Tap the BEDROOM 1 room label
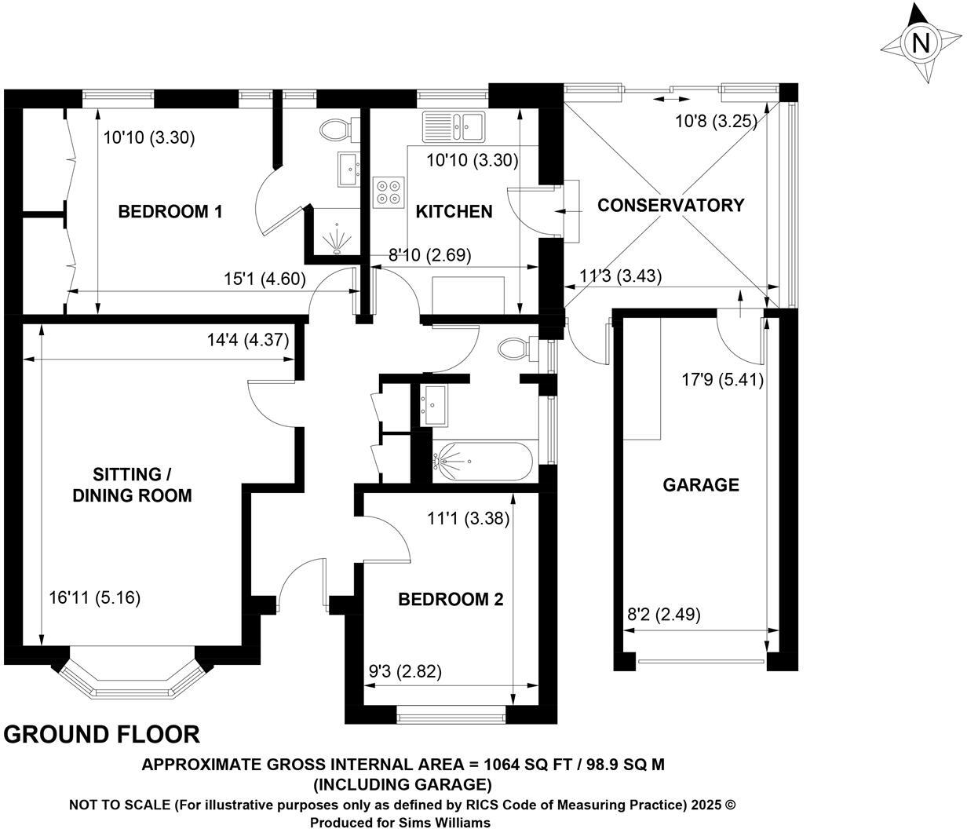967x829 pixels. [170, 211]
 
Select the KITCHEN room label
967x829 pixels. [454, 211]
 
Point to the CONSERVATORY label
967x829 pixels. [671, 206]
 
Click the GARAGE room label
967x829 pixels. [701, 484]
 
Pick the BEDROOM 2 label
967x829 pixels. [451, 599]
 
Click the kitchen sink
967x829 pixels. [454, 126]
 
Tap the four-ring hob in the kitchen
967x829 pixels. [389, 192]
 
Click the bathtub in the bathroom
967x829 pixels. [483, 462]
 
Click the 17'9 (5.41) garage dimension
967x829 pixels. [722, 379]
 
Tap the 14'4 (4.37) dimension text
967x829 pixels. [248, 340]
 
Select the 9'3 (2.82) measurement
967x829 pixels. [405, 672]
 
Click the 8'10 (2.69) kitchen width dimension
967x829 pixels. [430, 255]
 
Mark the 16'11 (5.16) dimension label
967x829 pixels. [94, 598]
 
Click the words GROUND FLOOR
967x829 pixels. [101, 734]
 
